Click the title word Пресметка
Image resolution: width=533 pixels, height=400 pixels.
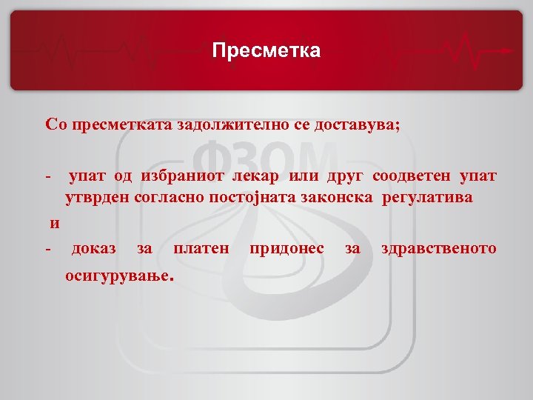[266, 50]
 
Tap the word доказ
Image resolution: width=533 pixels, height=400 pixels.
[93, 249]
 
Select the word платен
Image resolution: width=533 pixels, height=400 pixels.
[201, 249]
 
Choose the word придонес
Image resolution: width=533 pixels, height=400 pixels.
[287, 249]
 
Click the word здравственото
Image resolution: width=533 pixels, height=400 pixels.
[438, 249]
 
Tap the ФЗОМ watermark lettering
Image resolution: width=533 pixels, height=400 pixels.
[266, 161]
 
